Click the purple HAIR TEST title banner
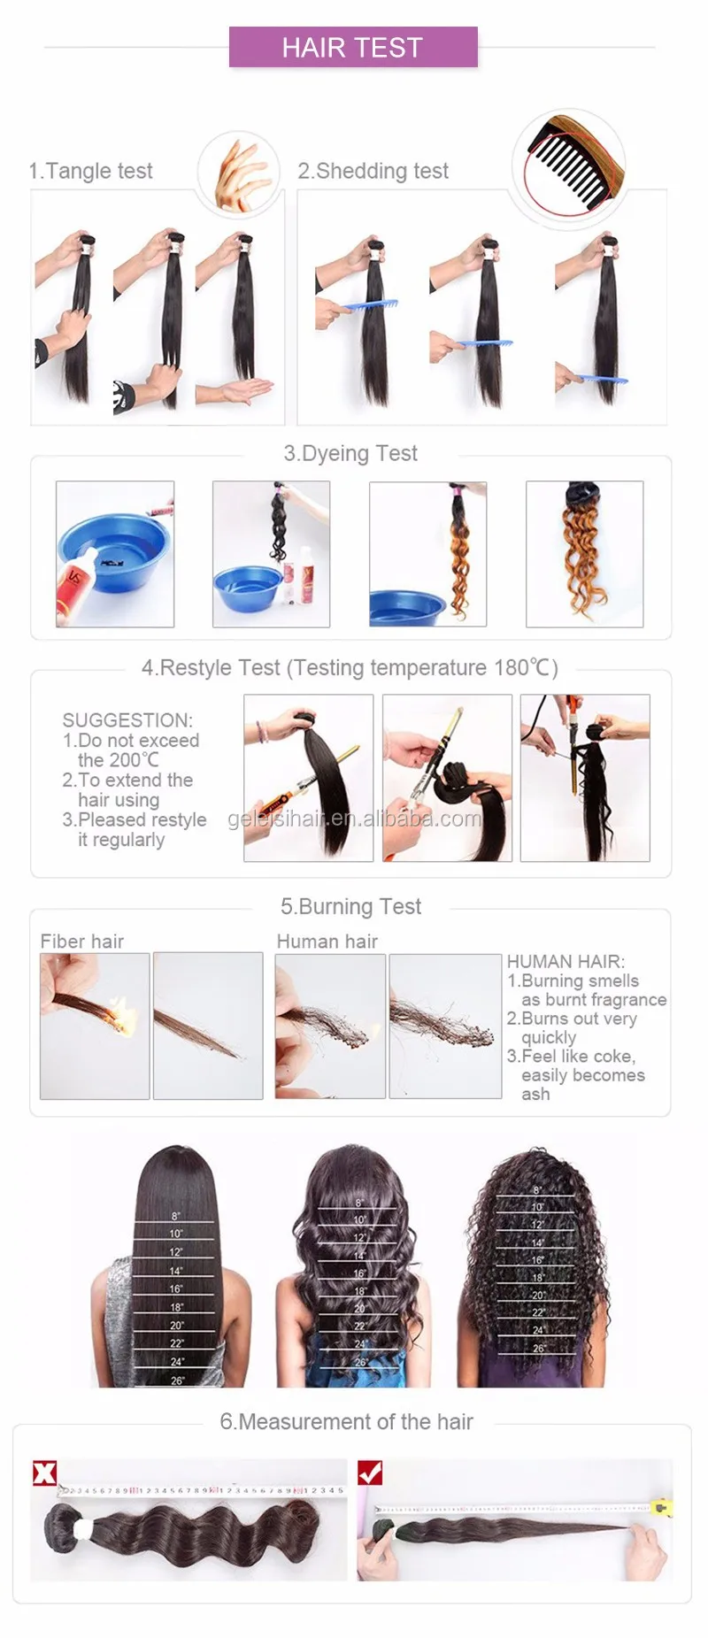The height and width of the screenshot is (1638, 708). [x=352, y=47]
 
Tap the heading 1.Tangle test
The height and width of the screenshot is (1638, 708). [x=90, y=171]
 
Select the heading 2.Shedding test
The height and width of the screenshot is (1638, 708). [x=373, y=171]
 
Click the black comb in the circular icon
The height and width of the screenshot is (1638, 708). [x=566, y=164]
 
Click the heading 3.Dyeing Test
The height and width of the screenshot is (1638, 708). [x=350, y=453]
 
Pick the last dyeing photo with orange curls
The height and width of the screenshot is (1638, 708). [x=584, y=554]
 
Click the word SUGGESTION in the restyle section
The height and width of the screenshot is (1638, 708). [x=127, y=720]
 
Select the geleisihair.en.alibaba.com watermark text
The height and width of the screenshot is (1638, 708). [x=354, y=819]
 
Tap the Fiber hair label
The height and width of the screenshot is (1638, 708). [x=81, y=942]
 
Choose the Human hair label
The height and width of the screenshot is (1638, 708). [x=327, y=942]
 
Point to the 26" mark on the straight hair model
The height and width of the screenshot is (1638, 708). [x=177, y=1380]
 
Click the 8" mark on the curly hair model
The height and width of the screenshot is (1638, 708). [x=536, y=1190]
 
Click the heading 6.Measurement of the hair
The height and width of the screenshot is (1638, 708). [x=346, y=1422]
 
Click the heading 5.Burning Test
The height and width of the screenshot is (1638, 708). [x=350, y=906]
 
